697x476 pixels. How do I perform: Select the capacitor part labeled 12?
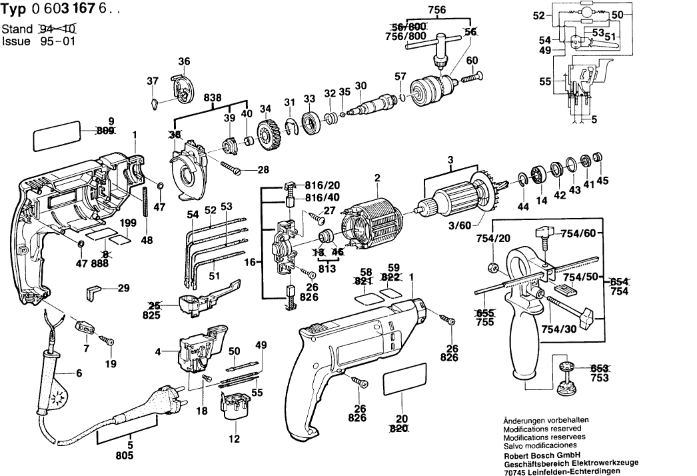click(x=233, y=408)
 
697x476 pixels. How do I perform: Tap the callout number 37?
click(x=153, y=81)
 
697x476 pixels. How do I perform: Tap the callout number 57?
click(x=400, y=75)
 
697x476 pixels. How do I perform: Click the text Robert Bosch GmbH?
click(x=538, y=453)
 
